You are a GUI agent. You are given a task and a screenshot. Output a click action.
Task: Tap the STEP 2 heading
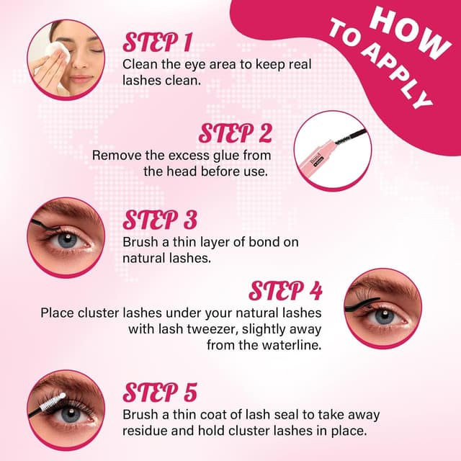click(x=235, y=133)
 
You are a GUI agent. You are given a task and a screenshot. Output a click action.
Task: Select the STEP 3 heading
click(x=160, y=220)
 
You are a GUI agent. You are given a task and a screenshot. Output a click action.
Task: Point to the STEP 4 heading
click(x=285, y=291)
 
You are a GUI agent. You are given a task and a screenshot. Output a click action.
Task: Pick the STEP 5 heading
click(x=159, y=393)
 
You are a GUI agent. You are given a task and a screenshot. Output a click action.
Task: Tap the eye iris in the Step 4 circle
click(x=382, y=314)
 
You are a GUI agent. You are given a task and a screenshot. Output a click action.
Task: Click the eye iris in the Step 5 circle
click(x=70, y=415)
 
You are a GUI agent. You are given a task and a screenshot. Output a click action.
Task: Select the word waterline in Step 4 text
click(x=288, y=345)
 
